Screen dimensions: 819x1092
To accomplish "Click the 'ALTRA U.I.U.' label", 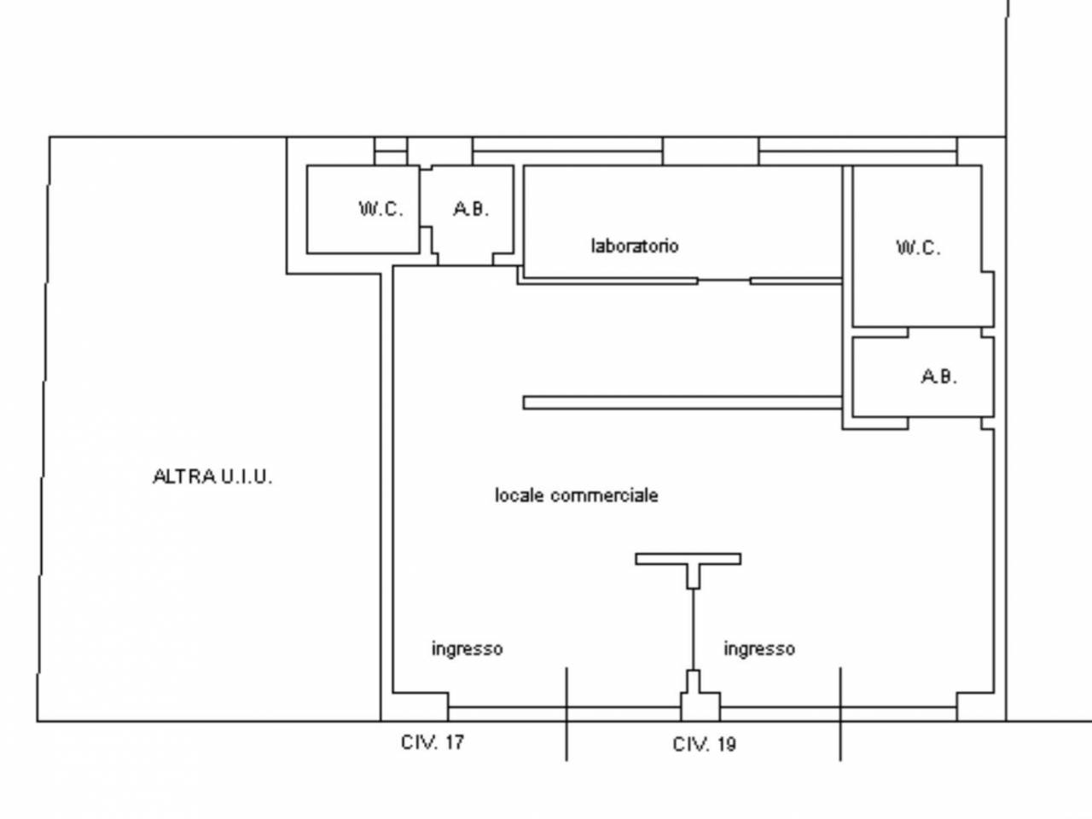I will (x=212, y=477).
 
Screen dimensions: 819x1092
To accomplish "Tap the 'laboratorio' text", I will (x=635, y=246).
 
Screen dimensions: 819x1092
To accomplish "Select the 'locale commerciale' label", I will (x=577, y=495).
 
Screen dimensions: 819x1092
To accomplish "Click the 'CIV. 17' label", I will (x=433, y=741).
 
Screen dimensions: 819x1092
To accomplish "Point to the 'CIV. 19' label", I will (x=704, y=744).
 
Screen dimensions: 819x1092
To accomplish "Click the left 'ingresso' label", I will (x=467, y=648).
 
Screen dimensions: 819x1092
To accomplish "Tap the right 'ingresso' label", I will (x=759, y=648).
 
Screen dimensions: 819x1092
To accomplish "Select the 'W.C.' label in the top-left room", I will (x=380, y=208).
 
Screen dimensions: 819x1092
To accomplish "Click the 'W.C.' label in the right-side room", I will (x=918, y=248).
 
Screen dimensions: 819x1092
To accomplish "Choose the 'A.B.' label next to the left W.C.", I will (x=471, y=208).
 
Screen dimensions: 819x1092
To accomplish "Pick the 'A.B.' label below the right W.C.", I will (x=938, y=375).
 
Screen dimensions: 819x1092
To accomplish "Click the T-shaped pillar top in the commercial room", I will (x=688, y=559).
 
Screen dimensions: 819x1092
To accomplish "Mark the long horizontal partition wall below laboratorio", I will (x=682, y=402).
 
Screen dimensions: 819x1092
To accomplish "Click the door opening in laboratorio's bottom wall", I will (x=724, y=280).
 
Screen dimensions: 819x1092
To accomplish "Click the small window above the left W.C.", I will (x=392, y=151).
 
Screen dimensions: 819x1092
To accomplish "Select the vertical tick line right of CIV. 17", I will (x=566, y=713).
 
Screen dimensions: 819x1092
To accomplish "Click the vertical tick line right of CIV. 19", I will (x=840, y=713).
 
